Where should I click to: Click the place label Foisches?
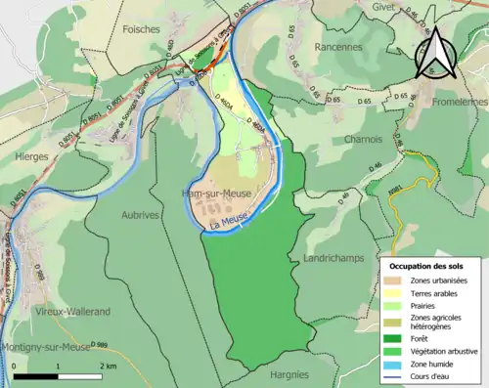[x=142, y=29]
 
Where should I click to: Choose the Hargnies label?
[x=289, y=373]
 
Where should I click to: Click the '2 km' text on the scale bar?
[x=108, y=364]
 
